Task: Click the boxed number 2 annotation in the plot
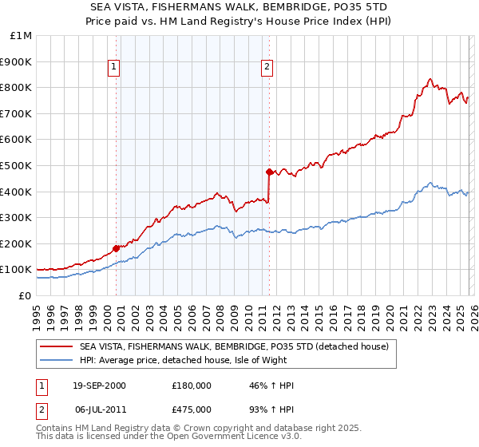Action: pos(267,68)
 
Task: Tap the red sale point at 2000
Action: pos(117,248)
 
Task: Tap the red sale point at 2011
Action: pos(269,172)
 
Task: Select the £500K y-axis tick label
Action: pos(17,166)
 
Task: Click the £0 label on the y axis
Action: pos(26,295)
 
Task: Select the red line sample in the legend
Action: pos(57,346)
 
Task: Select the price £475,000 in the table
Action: pos(192,408)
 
